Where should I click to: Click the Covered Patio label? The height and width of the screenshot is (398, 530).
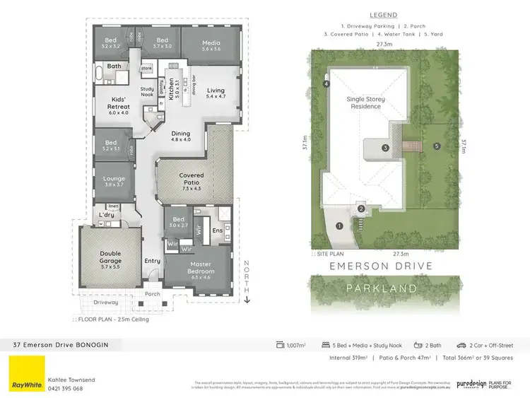pyautogui.click(x=192, y=180)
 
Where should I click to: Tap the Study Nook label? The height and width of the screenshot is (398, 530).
pyautogui.click(x=147, y=92)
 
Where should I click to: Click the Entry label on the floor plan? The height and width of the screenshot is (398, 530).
pyautogui.click(x=153, y=261)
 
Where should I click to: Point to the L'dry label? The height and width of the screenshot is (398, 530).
pyautogui.click(x=107, y=214)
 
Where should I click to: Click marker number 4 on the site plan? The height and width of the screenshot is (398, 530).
pyautogui.click(x=326, y=84)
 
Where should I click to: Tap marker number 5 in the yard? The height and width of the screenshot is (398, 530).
pyautogui.click(x=437, y=146)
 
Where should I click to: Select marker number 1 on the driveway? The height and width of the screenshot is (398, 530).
pyautogui.click(x=339, y=226)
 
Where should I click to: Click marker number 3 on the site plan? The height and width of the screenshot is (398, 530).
pyautogui.click(x=385, y=148)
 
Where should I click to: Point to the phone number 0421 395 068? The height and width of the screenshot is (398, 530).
pyautogui.click(x=65, y=388)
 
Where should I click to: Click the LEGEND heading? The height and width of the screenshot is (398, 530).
pyautogui.click(x=384, y=15)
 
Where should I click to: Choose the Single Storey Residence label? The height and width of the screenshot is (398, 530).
pyautogui.click(x=365, y=103)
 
